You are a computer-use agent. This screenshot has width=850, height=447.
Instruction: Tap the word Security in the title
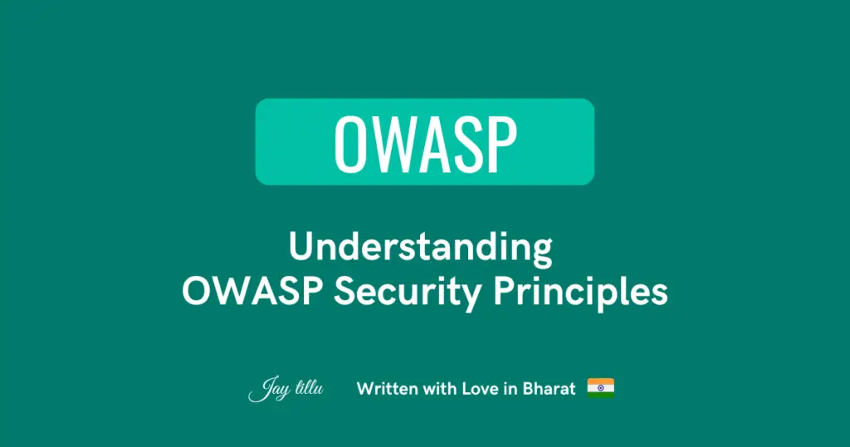coord(407,293)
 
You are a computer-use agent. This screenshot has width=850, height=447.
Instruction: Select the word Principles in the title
coord(580,293)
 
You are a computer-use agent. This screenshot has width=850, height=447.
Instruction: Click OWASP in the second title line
coord(252,292)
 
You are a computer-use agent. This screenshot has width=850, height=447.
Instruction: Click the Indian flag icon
coord(601,388)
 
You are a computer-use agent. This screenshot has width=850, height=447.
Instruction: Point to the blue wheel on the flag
coord(601,388)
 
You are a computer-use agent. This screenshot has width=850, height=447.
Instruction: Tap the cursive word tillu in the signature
coord(309,388)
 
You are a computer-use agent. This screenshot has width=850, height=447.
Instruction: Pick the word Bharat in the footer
coord(549,388)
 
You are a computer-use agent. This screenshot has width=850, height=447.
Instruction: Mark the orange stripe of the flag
coord(601,381)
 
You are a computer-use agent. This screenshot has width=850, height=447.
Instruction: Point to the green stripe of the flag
coord(601,395)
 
